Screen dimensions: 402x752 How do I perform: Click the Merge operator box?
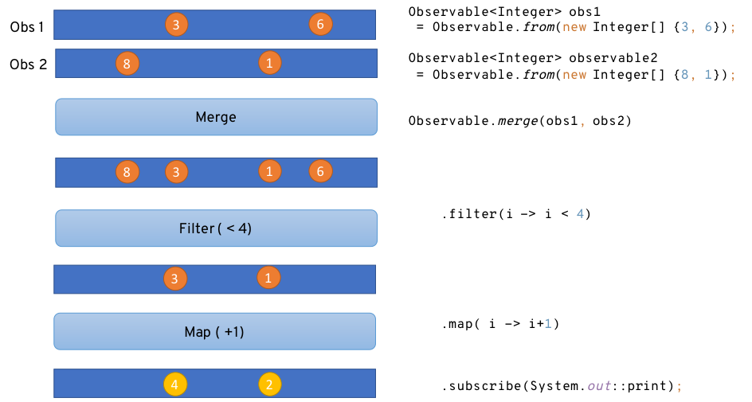pyautogui.click(x=216, y=117)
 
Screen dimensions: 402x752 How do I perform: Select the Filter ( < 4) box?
pyautogui.click(x=216, y=228)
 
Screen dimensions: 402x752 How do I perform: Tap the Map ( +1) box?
pyautogui.click(x=214, y=332)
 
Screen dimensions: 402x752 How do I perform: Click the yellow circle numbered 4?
pyautogui.click(x=175, y=384)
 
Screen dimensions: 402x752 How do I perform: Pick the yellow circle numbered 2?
pyautogui.click(x=270, y=384)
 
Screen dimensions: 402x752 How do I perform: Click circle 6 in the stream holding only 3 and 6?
pyautogui.click(x=320, y=24)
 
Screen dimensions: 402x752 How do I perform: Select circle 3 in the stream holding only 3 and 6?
pyautogui.click(x=177, y=24)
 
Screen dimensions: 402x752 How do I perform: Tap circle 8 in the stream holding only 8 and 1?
pyautogui.click(x=127, y=64)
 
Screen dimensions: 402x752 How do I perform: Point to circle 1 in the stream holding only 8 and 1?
pyautogui.click(x=270, y=62)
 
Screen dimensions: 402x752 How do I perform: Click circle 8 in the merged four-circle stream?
pyautogui.click(x=127, y=171)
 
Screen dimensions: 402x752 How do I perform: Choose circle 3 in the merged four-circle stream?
pyautogui.click(x=177, y=171)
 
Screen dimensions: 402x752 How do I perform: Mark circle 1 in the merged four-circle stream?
pyautogui.click(x=270, y=171)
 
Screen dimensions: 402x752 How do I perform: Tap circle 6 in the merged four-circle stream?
pyautogui.click(x=320, y=171)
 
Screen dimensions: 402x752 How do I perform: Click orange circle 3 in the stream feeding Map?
pyautogui.click(x=175, y=279)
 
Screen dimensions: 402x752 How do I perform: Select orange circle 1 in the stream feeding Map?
pyautogui.click(x=268, y=278)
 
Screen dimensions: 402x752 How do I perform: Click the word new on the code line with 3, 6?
pyautogui.click(x=574, y=27)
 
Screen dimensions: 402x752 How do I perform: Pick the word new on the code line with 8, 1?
pyautogui.click(x=574, y=75)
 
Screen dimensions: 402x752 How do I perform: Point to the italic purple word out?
pyautogui.click(x=599, y=386)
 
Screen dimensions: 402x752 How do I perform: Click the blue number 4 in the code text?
pyautogui.click(x=580, y=213)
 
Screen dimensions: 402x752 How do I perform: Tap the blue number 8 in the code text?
pyautogui.click(x=684, y=75)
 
